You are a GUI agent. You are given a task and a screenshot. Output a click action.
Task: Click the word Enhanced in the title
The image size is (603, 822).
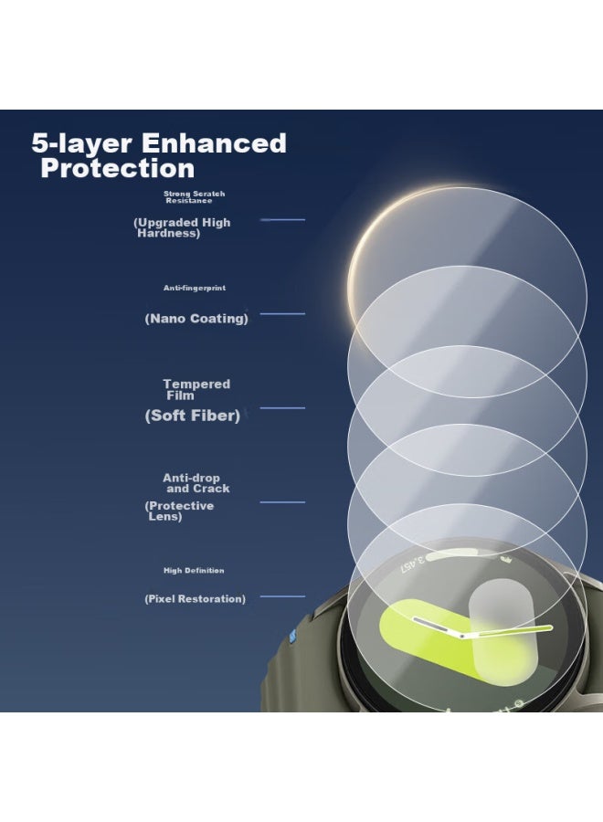point(214,143)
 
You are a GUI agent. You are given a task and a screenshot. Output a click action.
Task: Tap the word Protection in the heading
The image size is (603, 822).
point(118,168)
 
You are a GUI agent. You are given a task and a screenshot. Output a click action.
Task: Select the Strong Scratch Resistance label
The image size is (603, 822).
point(194,197)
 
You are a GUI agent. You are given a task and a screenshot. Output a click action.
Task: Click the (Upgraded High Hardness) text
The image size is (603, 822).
point(182,227)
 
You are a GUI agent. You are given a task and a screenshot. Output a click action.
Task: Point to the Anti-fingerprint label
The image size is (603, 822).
point(195,288)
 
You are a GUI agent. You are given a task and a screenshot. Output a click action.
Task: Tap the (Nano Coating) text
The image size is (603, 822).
point(196,319)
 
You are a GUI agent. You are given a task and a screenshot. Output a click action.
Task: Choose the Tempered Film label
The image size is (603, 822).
point(196,389)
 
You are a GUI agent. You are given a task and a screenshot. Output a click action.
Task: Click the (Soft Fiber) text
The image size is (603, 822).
point(193,416)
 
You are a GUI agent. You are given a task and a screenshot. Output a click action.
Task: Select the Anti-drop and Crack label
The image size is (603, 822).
point(196,483)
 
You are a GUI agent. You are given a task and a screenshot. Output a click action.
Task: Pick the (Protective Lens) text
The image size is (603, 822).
point(179,511)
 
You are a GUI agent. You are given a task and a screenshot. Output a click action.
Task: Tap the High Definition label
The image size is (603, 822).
point(194,570)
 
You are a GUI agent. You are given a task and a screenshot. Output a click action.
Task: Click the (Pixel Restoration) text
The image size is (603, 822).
point(195,598)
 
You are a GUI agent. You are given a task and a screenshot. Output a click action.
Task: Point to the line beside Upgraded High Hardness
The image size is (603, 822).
point(282,219)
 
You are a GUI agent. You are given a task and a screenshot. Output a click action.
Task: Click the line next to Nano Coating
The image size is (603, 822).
point(282,313)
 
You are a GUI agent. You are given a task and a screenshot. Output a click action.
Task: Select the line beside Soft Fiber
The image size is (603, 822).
point(282,407)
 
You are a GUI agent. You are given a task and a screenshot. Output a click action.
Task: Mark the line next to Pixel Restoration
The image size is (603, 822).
point(282,596)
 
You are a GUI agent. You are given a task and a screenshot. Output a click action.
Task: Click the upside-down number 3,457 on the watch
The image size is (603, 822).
point(413,564)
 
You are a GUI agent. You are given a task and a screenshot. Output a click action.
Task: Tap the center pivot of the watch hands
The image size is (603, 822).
point(462,637)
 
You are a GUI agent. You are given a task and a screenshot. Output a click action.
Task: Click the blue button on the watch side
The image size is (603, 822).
point(292,636)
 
